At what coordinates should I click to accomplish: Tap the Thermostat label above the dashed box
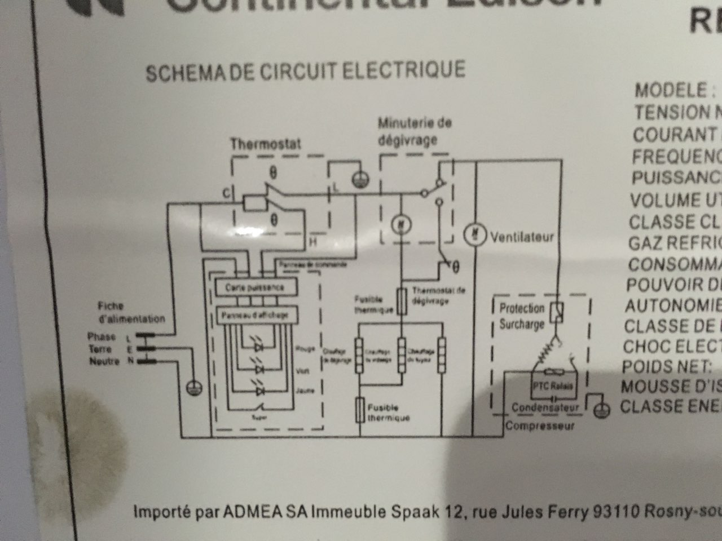[x=265, y=144]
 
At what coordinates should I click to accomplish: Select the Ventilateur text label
[x=522, y=237]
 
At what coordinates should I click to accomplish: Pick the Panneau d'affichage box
[x=255, y=315]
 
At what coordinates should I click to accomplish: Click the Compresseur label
[x=540, y=425]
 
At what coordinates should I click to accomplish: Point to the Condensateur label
[x=545, y=407]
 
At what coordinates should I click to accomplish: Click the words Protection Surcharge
[x=521, y=316]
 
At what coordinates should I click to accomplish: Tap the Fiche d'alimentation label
[x=131, y=312]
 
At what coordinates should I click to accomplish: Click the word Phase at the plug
[x=102, y=337]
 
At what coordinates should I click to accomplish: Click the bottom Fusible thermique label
[x=389, y=413]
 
